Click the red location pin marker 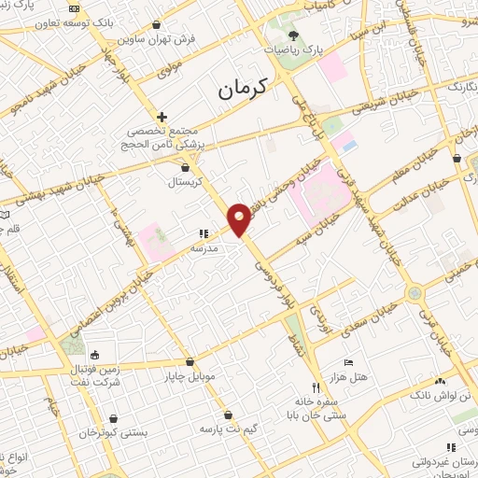[x=240, y=218]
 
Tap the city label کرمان [x=242, y=90]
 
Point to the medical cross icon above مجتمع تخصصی [x=162, y=117]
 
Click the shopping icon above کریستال [x=185, y=168]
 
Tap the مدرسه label [x=204, y=248]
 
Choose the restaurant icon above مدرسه [x=204, y=234]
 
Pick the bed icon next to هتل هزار [x=348, y=361]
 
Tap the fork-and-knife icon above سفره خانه [x=316, y=387]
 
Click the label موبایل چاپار [x=190, y=377]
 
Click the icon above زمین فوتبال [x=94, y=355]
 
